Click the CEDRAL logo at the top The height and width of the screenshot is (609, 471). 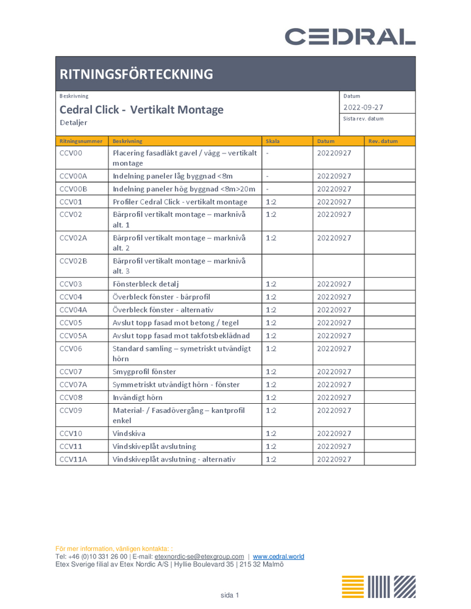click(350, 37)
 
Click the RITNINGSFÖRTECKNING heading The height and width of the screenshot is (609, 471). click(136, 74)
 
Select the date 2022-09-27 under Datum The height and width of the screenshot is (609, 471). click(363, 107)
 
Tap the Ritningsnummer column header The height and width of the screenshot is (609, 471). click(80, 141)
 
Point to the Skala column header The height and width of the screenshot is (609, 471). click(273, 141)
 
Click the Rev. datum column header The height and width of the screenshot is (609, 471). click(383, 141)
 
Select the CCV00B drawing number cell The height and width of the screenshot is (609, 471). click(74, 189)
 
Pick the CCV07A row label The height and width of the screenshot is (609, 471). click(74, 384)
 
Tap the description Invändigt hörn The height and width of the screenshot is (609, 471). click(138, 397)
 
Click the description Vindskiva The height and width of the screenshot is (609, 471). click(129, 434)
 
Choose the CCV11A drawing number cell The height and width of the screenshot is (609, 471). click(74, 459)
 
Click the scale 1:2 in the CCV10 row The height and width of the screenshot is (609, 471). click(271, 434)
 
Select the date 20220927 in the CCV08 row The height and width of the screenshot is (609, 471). click(334, 397)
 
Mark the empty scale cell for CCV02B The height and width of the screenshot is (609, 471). click(287, 266)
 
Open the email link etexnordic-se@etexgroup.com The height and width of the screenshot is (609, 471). click(199, 557)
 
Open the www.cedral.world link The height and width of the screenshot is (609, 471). click(278, 557)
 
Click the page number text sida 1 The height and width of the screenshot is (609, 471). click(230, 594)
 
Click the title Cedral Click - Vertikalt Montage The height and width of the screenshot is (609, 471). click(141, 110)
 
